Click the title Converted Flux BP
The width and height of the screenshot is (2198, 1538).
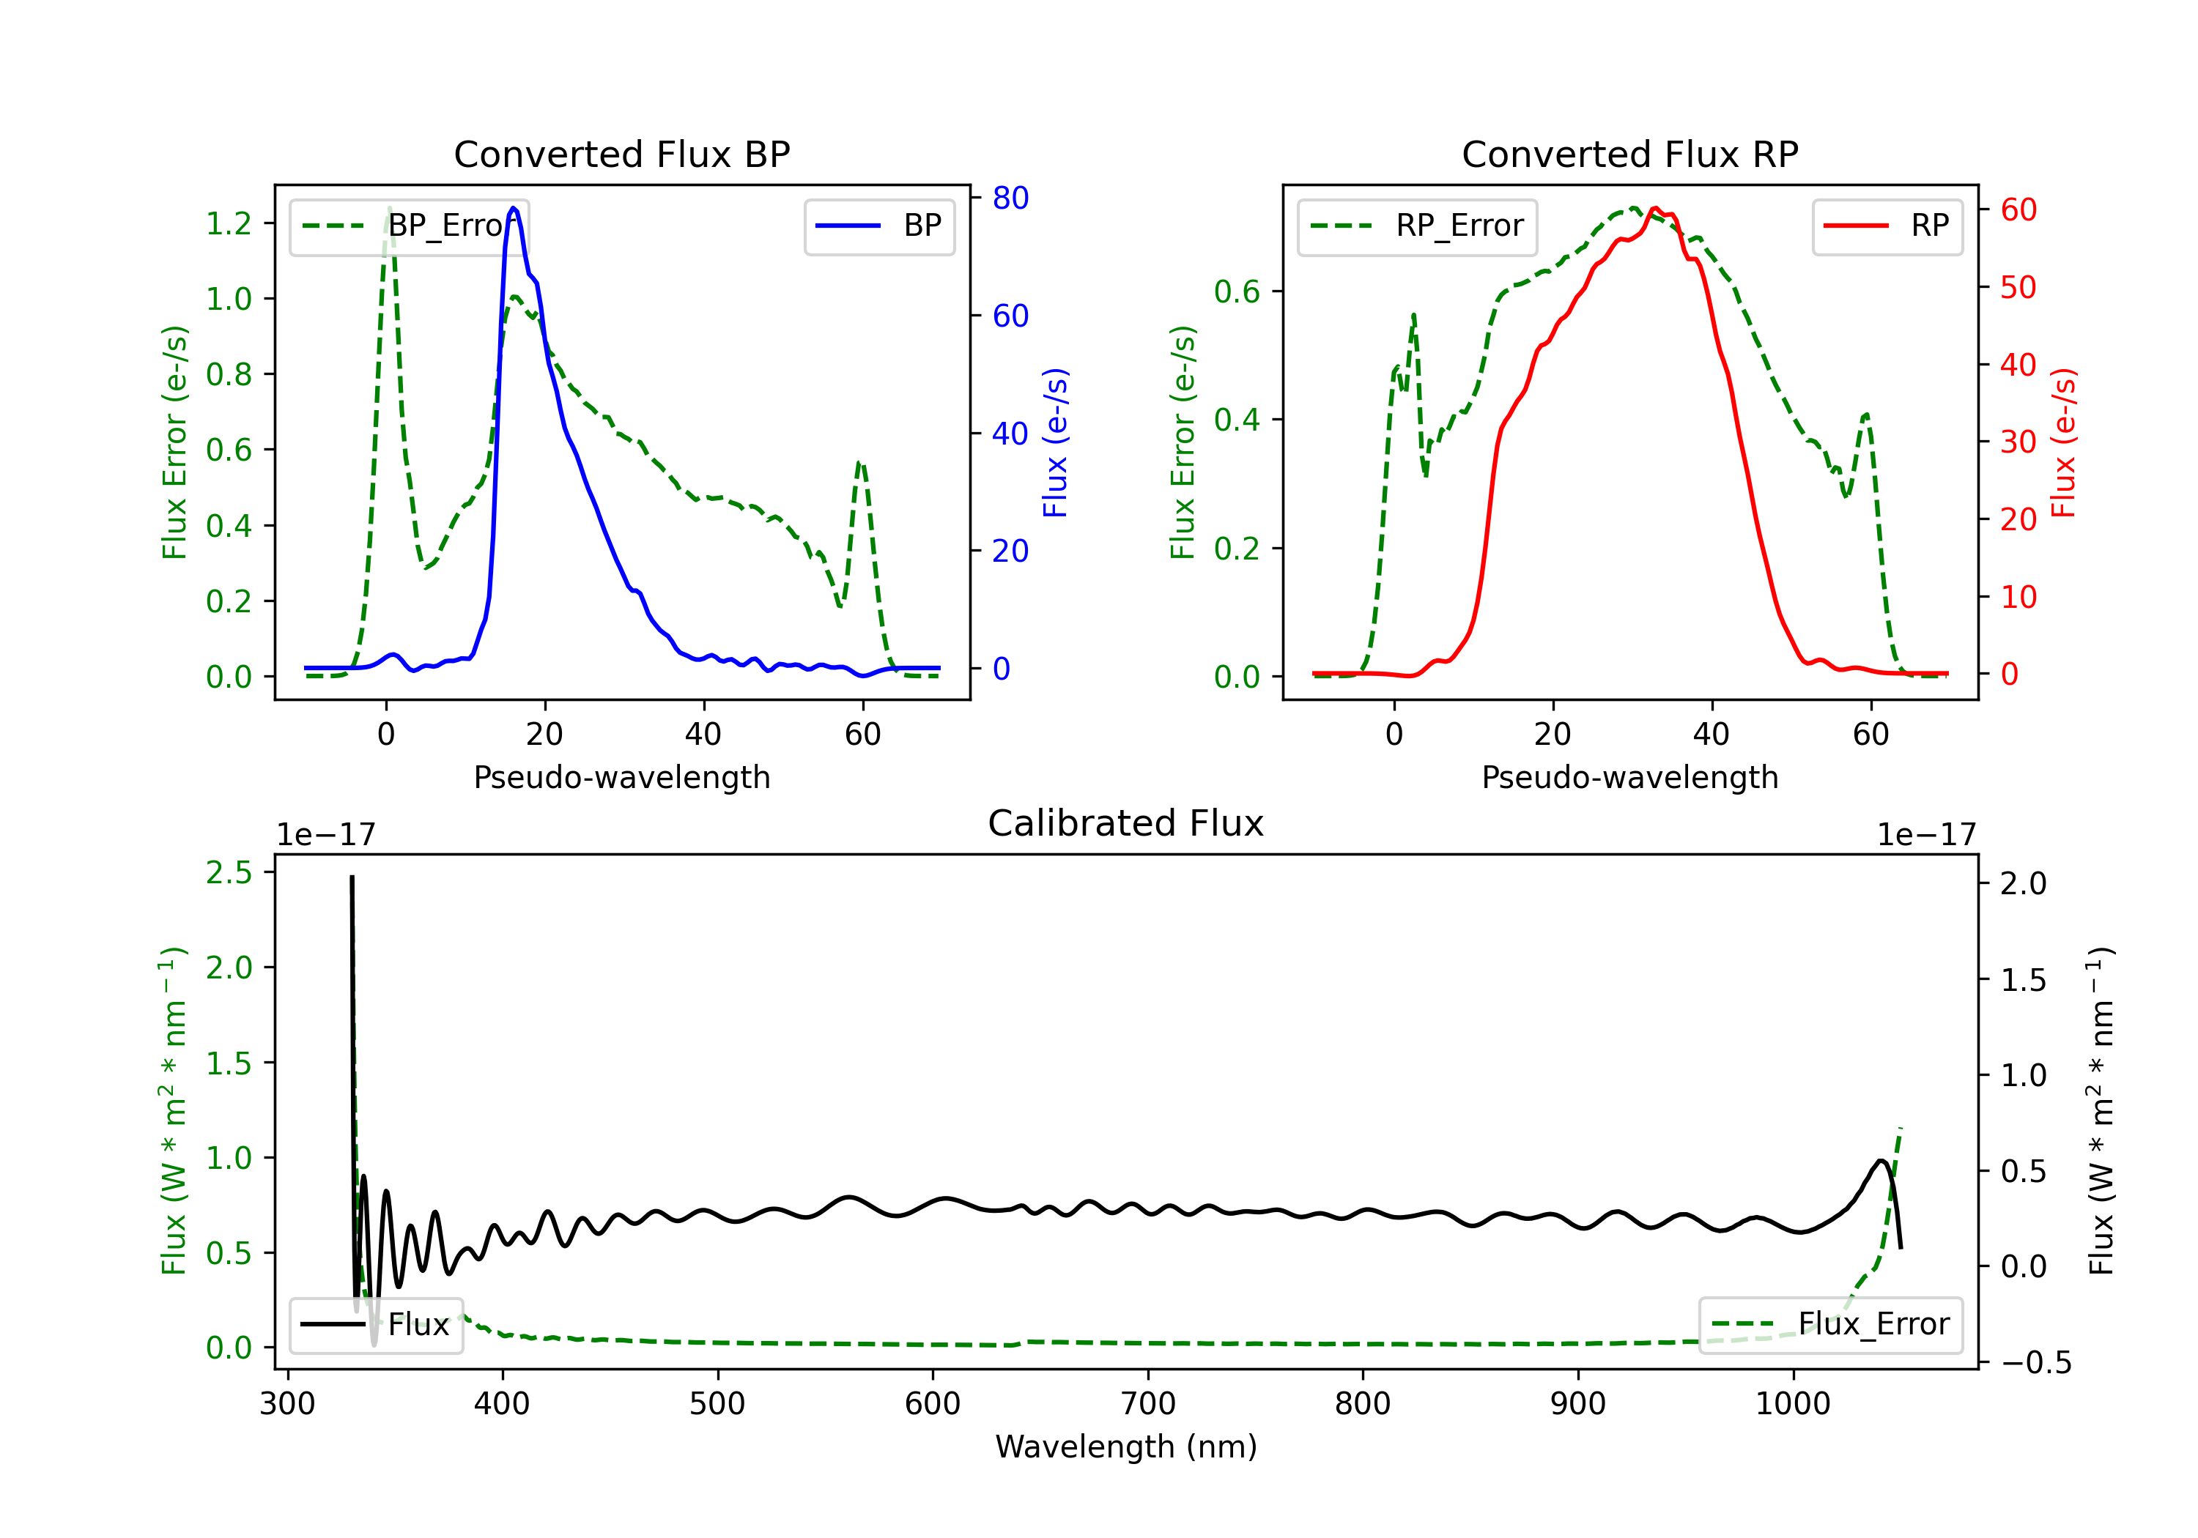pyautogui.click(x=622, y=154)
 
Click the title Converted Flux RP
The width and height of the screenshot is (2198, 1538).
pyautogui.click(x=1630, y=154)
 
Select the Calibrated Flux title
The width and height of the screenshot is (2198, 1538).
pyautogui.click(x=1126, y=823)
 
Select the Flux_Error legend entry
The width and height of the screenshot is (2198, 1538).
pyautogui.click(x=1830, y=1325)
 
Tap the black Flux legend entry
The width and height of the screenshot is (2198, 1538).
pyautogui.click(x=377, y=1325)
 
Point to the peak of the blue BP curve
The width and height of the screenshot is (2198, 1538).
pyautogui.click(x=514, y=208)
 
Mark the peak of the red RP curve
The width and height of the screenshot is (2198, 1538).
pyautogui.click(x=1655, y=208)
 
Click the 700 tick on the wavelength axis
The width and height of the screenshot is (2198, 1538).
pyautogui.click(x=1148, y=1404)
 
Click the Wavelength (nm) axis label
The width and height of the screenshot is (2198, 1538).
pyautogui.click(x=1126, y=1447)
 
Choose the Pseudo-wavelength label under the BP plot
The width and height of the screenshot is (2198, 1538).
pyautogui.click(x=622, y=777)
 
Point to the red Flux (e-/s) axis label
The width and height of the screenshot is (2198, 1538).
pyautogui.click(x=2064, y=442)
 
